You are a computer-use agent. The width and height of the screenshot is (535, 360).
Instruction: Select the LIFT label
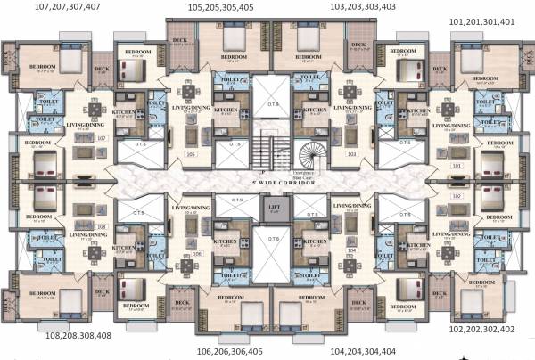[x=275, y=209]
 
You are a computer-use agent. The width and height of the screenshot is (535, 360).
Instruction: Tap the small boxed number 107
[x=101, y=138]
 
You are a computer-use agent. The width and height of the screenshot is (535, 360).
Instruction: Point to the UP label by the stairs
[x=259, y=172]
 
